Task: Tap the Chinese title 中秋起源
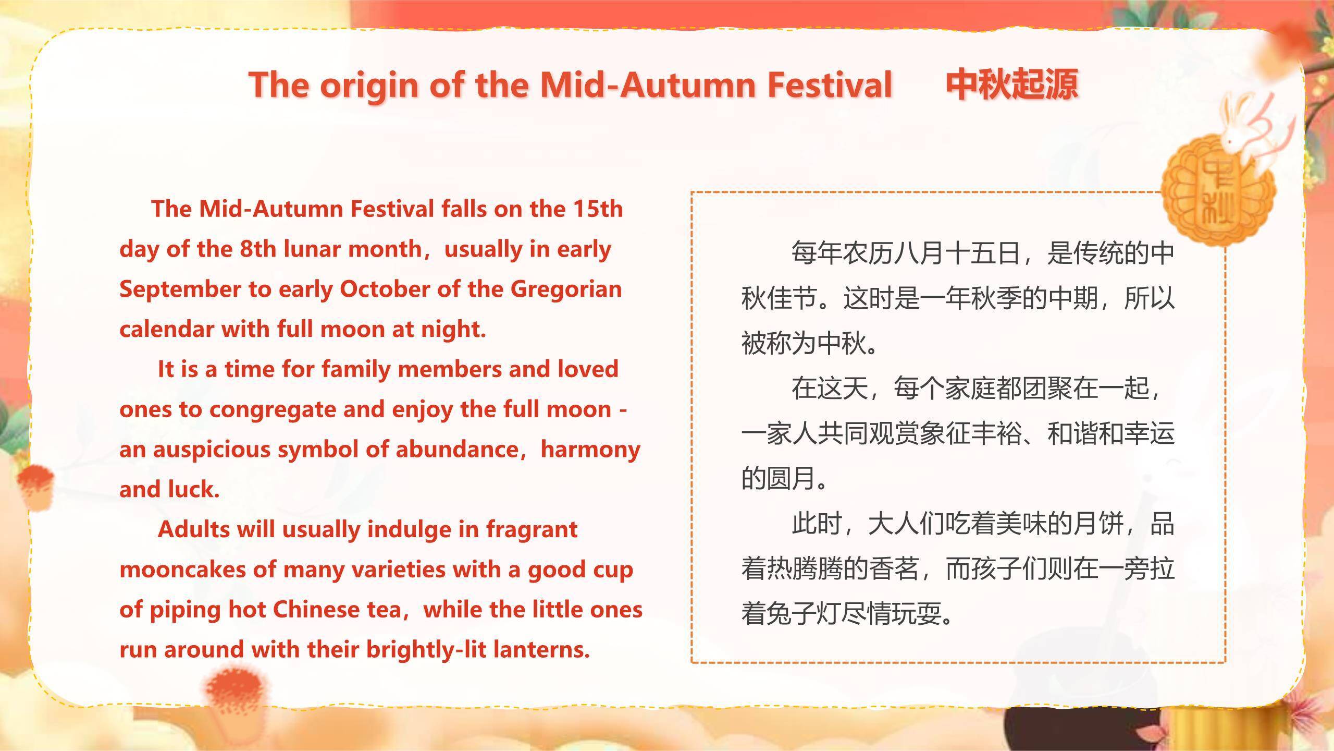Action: coord(1012,84)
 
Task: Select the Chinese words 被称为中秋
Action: coord(805,344)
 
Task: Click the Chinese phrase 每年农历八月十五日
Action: coord(906,253)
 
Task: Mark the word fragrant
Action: coord(532,530)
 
